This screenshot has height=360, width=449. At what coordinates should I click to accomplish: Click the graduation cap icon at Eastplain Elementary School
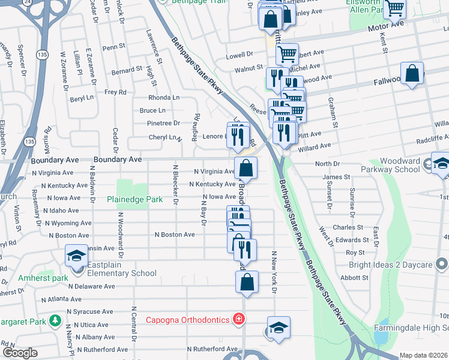click(x=76, y=256)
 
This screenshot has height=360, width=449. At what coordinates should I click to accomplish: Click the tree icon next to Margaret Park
click(x=55, y=322)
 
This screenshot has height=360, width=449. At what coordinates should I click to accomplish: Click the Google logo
click(x=20, y=353)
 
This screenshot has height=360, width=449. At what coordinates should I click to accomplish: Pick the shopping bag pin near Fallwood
click(x=412, y=74)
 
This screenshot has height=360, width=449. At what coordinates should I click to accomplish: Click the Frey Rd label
click(x=115, y=92)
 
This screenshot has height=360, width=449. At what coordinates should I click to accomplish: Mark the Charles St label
click(x=349, y=227)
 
